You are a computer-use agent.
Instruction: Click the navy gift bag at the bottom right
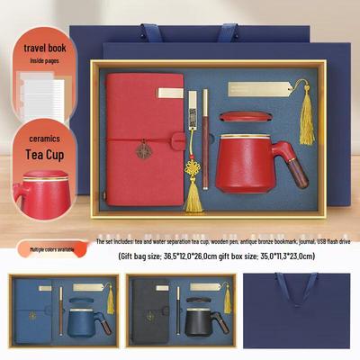[301, 310]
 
